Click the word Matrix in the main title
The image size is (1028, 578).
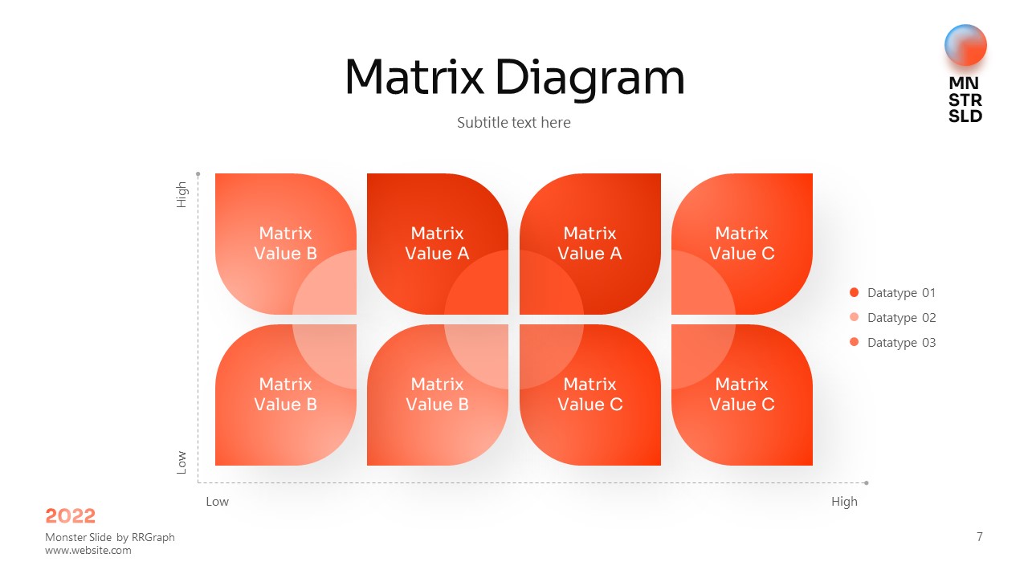[x=414, y=77]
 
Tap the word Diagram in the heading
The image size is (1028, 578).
[x=589, y=79]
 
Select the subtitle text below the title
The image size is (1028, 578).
[x=513, y=123]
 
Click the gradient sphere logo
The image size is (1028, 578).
[x=965, y=45]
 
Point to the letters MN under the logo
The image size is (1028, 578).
[x=963, y=83]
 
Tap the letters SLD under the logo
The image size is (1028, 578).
[x=965, y=116]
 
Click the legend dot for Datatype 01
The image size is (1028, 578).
[x=854, y=292]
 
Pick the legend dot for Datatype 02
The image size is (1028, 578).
[x=854, y=317]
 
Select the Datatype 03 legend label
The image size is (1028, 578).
[x=901, y=343]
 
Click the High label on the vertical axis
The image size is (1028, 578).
[x=182, y=194]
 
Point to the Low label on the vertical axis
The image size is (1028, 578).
[x=182, y=462]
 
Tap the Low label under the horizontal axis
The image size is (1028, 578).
[x=217, y=502]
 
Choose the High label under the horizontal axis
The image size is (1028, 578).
[x=844, y=502]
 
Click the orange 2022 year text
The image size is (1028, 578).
[x=70, y=516]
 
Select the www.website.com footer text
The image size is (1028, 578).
[x=88, y=551]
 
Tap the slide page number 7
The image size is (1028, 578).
[x=979, y=537]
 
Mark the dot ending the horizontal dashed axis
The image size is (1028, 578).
[x=866, y=482]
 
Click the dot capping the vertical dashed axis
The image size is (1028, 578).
[x=198, y=174]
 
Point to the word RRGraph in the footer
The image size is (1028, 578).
[x=153, y=538]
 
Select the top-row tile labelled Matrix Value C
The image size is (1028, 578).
[x=741, y=243]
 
